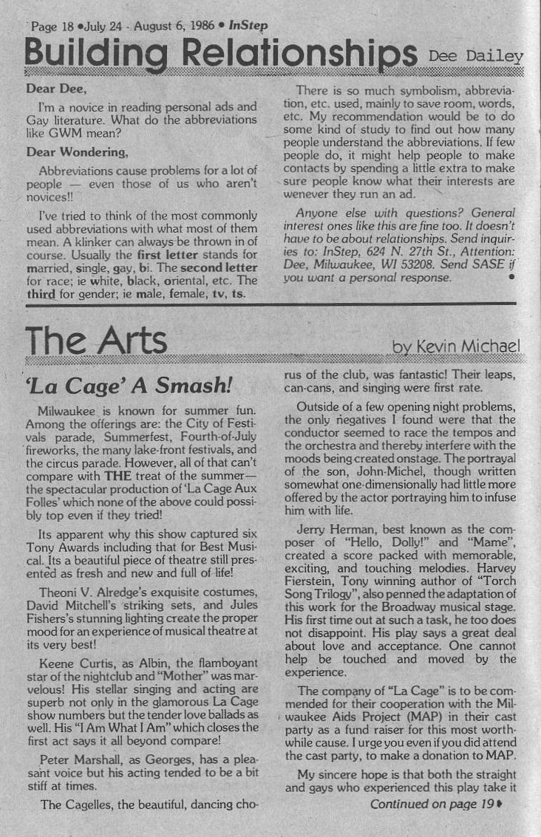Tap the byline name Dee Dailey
476,55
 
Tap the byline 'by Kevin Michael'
456,346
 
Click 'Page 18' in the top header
52,26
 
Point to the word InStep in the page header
248,25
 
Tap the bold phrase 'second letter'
220,267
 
